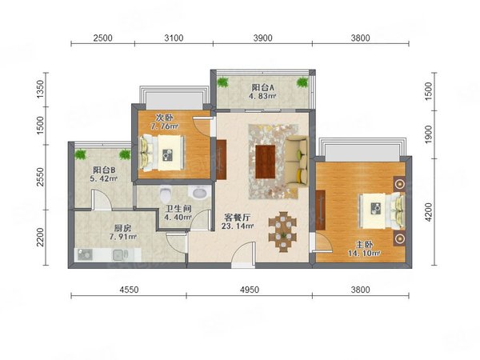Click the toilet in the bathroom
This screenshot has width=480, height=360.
point(166,194)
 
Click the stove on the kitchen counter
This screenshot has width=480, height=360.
point(86,255)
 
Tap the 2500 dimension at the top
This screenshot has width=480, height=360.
point(102,38)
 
